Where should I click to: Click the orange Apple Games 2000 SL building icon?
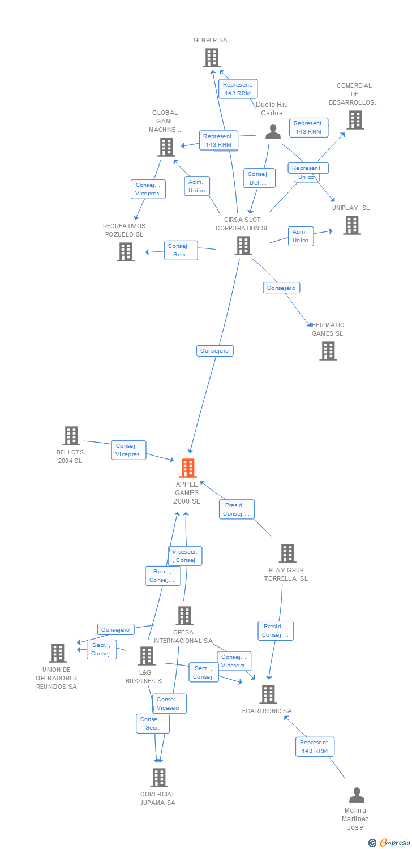coord(187,468)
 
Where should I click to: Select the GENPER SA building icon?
coord(211,58)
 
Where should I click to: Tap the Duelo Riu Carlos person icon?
coord(273,132)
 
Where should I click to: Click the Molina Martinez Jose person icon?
coord(357,795)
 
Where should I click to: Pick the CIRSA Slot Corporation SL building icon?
coord(243,246)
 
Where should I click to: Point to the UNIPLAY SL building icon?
coord(351,225)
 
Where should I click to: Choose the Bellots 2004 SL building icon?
coord(71,436)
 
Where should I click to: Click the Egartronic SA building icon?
coord(268,694)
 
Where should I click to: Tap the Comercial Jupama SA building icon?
coord(159,778)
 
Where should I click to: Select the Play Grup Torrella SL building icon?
coord(287,554)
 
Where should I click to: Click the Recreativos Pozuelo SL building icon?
coord(125,252)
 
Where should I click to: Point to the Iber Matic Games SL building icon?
coord(328,351)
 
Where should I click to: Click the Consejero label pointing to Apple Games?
coord(215,351)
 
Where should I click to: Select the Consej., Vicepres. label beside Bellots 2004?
coord(128,450)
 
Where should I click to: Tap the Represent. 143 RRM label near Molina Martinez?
coord(315,747)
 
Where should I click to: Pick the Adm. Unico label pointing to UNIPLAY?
coord(300,236)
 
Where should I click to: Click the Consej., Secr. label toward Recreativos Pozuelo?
coord(181,250)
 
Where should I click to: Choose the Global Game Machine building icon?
coord(166,147)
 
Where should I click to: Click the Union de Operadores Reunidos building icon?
coord(57,653)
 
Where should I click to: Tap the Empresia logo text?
coord(394,843)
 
